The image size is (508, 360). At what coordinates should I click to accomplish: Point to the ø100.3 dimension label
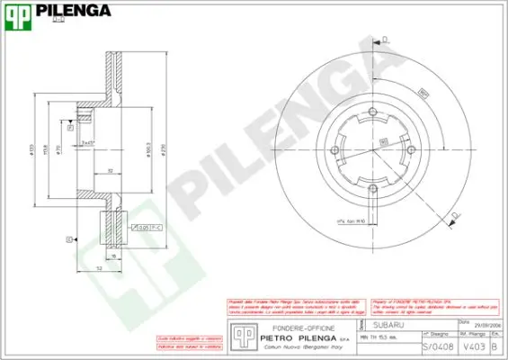(148, 146)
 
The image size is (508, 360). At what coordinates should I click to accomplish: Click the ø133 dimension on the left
(32, 146)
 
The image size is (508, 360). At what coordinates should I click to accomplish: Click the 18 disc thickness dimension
(115, 255)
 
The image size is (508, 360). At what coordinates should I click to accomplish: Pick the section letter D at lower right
(456, 214)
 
